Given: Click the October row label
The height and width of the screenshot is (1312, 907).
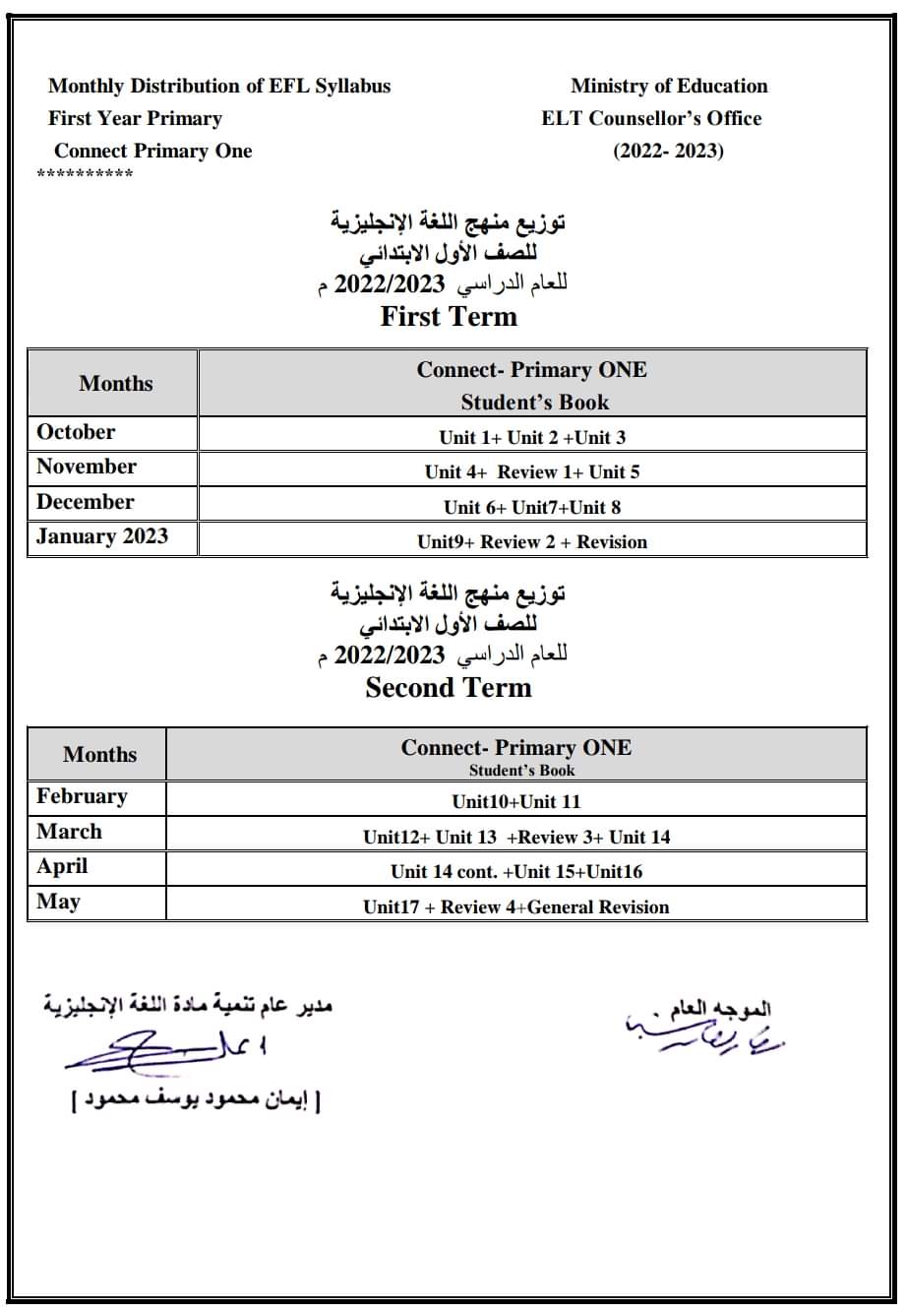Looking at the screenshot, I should point(76,432).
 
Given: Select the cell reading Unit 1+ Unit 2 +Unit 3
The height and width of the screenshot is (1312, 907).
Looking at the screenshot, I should point(532,437).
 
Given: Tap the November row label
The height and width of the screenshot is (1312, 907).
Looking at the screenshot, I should point(87,467).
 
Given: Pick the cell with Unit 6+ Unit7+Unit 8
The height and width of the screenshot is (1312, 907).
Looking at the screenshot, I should point(532,507).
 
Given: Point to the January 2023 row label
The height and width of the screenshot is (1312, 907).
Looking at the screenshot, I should point(102,536).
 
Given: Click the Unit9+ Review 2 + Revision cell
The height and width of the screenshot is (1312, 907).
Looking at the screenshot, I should point(532,541).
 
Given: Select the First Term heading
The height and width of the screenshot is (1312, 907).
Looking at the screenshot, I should point(449,316).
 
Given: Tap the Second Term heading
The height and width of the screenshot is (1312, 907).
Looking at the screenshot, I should point(449,687).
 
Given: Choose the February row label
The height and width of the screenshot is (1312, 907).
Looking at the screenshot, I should point(82,796).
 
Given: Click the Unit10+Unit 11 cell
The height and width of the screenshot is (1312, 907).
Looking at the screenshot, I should point(516,801).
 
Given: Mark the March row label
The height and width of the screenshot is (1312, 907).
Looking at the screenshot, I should point(69,832).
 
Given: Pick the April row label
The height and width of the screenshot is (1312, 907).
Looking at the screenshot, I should point(62,866).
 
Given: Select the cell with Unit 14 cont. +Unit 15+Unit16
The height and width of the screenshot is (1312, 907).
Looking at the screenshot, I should point(516,871).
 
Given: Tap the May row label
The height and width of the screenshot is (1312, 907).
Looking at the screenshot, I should point(57,902).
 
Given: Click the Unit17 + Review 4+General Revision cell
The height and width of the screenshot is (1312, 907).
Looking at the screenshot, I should point(516,906).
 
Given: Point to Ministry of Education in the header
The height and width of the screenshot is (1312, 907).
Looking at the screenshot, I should point(669,86).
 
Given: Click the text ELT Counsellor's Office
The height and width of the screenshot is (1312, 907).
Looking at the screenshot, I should point(651,118).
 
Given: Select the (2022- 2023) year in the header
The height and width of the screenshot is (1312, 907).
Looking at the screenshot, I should point(669,151).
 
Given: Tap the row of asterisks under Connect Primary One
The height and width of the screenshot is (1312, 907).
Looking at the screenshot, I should point(85,175).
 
